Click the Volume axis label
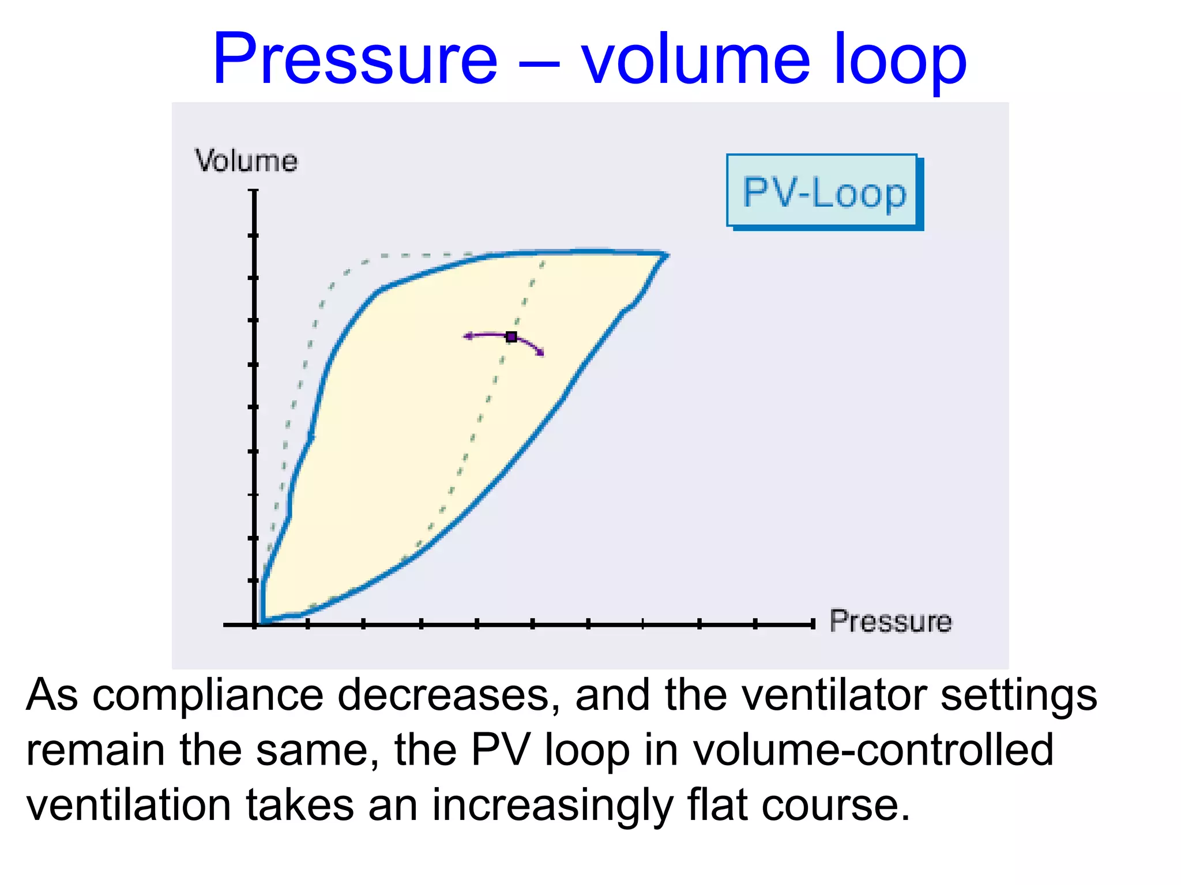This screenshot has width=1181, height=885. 246,161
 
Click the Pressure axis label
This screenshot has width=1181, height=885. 890,622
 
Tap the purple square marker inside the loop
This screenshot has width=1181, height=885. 511,337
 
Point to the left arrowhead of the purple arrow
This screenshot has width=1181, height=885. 468,336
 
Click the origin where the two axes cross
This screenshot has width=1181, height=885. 254,624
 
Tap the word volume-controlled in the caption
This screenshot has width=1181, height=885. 873,750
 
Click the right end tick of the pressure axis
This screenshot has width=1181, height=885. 812,624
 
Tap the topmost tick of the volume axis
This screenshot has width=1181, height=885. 254,191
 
